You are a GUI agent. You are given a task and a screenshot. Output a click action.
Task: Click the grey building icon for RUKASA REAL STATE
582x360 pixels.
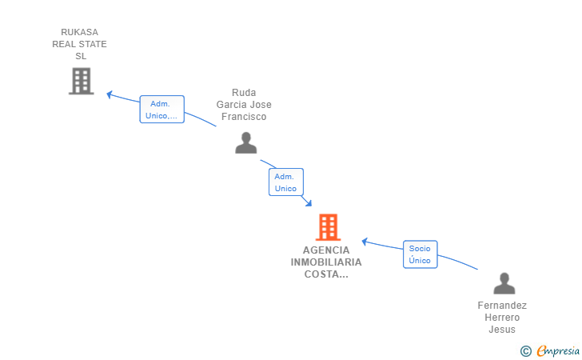[x=81, y=81]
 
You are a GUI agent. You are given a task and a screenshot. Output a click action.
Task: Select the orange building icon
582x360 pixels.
[x=328, y=227]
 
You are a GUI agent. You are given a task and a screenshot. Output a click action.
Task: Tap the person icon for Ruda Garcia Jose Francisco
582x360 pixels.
[x=246, y=142]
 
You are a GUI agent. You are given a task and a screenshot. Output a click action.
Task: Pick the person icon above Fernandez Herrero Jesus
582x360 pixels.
[x=504, y=283]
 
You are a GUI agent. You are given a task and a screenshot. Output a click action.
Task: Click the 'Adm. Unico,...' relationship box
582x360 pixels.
[x=162, y=110]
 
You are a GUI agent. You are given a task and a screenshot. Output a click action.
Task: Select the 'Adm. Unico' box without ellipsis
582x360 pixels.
[x=285, y=182]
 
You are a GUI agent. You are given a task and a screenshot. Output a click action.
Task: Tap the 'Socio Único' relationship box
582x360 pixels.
[x=420, y=254]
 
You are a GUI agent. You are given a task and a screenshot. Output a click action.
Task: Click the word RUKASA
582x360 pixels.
[x=80, y=32]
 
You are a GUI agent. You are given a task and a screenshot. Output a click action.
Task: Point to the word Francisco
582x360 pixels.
[x=244, y=117]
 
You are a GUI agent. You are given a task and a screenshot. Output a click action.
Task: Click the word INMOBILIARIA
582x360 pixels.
[x=326, y=262]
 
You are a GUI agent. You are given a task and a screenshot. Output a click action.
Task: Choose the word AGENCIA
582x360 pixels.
[x=326, y=250]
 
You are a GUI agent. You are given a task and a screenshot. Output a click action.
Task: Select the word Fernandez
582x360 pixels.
[x=502, y=306]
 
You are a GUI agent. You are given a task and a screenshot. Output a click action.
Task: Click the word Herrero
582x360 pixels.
[x=502, y=318]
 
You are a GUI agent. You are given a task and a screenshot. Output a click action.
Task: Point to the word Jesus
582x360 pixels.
[x=502, y=330]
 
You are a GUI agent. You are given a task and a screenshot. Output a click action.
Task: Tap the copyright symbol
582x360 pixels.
[x=525, y=350]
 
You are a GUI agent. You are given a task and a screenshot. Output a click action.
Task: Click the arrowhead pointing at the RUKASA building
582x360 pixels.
[x=110, y=94]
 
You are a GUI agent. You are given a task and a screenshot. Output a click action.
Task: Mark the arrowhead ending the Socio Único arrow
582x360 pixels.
[x=365, y=241]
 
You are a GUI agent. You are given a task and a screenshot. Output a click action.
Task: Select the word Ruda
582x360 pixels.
[x=244, y=93]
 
